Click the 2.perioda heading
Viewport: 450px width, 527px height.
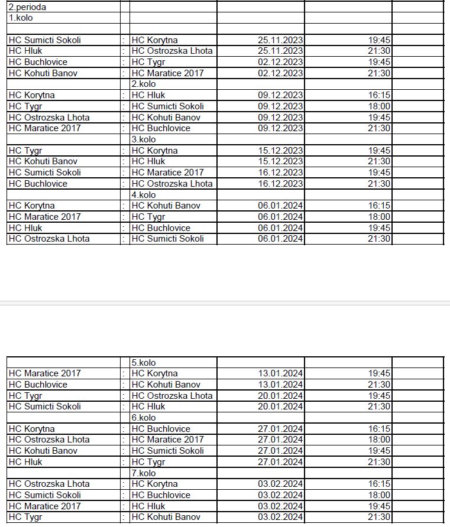(x=27, y=8)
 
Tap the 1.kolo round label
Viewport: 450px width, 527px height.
(x=21, y=18)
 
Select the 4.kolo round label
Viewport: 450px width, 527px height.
(x=144, y=195)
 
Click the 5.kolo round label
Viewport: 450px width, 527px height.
(x=144, y=363)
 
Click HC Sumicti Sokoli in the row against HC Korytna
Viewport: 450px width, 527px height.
(x=45, y=40)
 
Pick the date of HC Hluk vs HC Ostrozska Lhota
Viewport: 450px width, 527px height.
(x=280, y=51)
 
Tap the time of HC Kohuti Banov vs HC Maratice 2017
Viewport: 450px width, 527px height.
(x=379, y=73)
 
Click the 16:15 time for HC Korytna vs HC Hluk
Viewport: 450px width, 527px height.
(x=379, y=95)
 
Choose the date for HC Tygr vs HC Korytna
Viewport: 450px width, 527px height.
(x=280, y=151)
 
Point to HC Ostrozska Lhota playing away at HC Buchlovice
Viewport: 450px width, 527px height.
(x=172, y=184)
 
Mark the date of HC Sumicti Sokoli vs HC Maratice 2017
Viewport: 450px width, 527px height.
(x=280, y=173)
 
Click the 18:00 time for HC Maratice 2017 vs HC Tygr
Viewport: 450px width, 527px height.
(x=379, y=217)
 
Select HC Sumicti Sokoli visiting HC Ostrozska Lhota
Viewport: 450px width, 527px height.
(x=168, y=239)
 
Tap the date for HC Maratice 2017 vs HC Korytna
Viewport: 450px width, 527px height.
(x=280, y=373)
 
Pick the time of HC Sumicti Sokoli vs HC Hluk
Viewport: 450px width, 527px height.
(x=379, y=406)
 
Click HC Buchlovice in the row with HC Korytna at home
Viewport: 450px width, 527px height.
(x=161, y=429)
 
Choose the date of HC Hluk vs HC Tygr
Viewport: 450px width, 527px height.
(x=280, y=462)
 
